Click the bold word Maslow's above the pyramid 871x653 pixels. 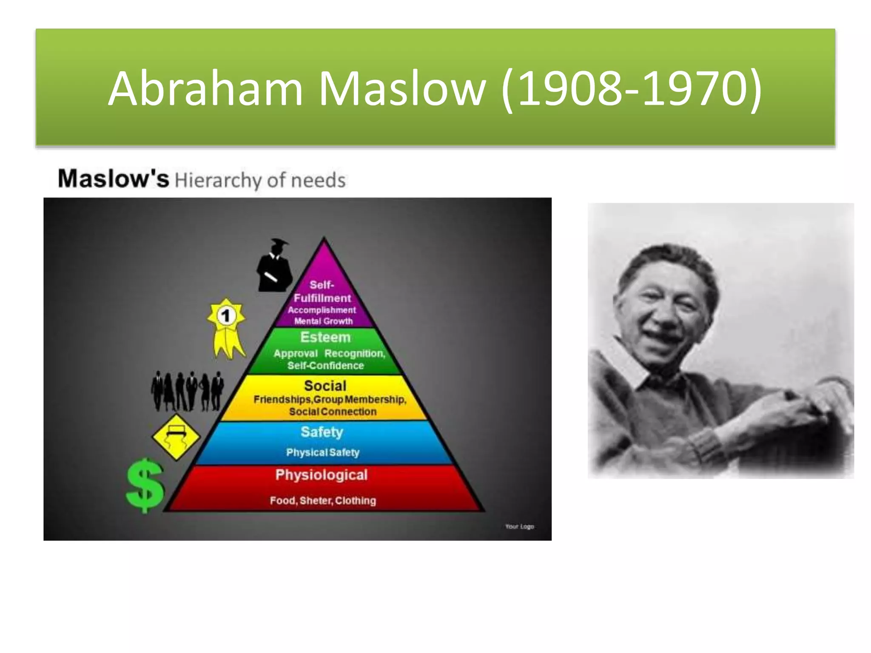point(113,179)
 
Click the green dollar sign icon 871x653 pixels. point(145,485)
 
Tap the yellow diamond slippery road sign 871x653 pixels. point(176,437)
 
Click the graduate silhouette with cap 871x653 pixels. point(274,266)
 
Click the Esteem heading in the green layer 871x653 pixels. point(325,337)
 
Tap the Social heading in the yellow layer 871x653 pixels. point(325,386)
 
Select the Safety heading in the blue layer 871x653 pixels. point(322,432)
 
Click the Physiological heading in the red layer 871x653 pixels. point(321,474)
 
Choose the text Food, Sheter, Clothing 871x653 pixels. point(323,500)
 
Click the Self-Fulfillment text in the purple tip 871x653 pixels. point(322,292)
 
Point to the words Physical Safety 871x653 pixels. point(323,452)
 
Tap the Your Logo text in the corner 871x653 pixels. point(519,526)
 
